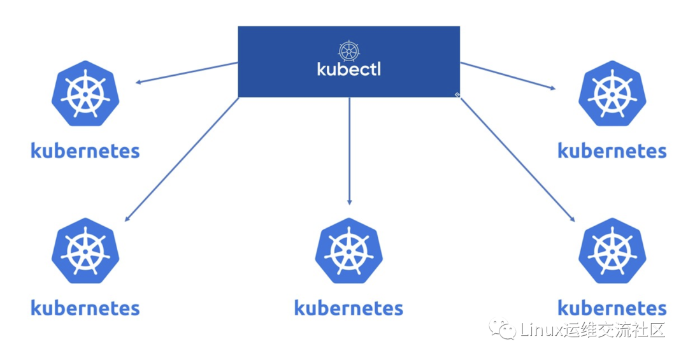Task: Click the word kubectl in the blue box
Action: coord(348,69)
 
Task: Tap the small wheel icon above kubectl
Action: coord(348,50)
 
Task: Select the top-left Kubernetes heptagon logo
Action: coord(85,93)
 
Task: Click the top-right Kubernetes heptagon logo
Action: coord(612,93)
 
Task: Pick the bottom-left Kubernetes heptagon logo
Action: coord(85,250)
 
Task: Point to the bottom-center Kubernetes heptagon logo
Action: coord(348,250)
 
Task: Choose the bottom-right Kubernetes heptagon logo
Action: coord(612,250)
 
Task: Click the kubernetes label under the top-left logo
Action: coord(85,151)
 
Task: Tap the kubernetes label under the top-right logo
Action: coord(612,151)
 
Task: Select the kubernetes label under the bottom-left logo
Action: coord(85,308)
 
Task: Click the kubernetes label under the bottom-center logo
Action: coord(348,308)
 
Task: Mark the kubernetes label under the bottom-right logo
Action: coord(612,308)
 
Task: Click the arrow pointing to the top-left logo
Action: coord(185,73)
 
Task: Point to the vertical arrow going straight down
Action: coord(349,150)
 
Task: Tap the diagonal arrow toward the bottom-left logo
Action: coord(182,159)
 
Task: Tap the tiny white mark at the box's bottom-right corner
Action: coord(457,95)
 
